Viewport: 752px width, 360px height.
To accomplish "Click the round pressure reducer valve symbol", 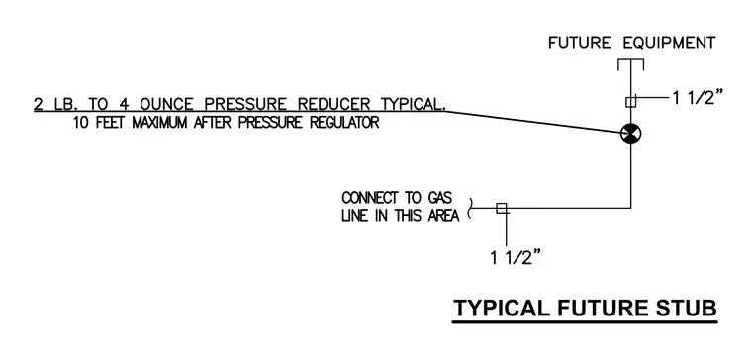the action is (x=630, y=134).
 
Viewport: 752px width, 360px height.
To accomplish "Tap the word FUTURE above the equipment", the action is (x=580, y=44).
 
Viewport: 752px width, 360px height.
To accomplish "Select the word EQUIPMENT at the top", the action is (x=669, y=44).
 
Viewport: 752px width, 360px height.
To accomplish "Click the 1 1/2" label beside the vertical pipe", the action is (x=698, y=98).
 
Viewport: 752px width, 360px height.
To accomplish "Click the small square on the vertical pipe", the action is (x=630, y=102).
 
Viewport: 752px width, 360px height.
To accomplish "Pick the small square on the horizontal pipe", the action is (x=502, y=208).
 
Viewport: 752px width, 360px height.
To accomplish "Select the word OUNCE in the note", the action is (x=166, y=104).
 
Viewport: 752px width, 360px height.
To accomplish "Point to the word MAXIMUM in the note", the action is (x=160, y=123).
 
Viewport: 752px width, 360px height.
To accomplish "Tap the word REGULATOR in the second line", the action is (x=344, y=123).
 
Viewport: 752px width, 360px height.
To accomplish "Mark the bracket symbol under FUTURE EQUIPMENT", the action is (x=630, y=64).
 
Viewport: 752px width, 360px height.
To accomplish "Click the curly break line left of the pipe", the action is (x=470, y=208).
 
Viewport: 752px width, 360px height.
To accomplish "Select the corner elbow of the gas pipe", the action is (x=630, y=208).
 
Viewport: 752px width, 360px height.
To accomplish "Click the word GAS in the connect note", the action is (x=438, y=198).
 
